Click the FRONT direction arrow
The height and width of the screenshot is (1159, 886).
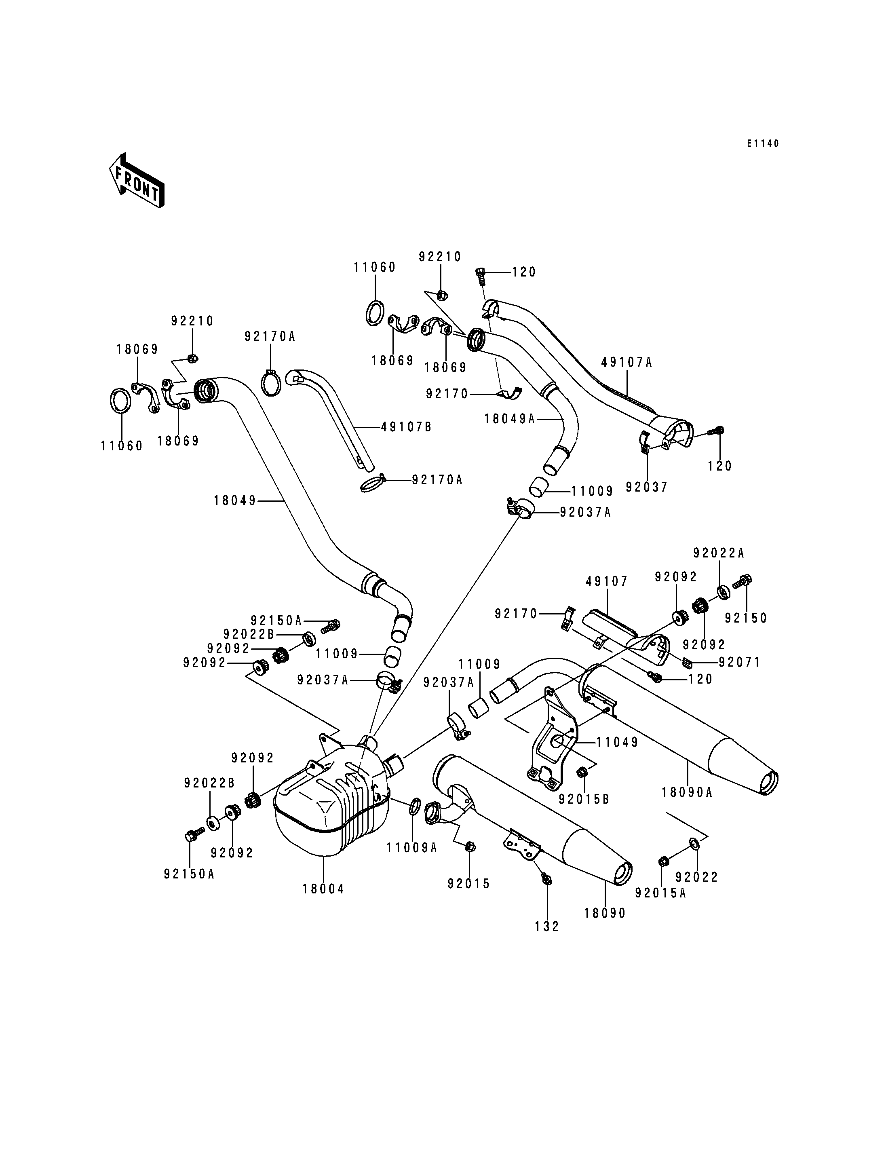click(x=137, y=180)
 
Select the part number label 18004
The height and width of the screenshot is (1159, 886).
click(x=323, y=889)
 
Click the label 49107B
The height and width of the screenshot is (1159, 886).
click(x=406, y=427)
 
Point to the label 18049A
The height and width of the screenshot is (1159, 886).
click(x=509, y=419)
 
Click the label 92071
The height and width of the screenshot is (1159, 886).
click(x=739, y=662)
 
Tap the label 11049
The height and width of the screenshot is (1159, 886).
click(x=618, y=742)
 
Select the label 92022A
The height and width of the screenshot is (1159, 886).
click(x=719, y=553)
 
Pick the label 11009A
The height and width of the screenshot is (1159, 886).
click(x=412, y=848)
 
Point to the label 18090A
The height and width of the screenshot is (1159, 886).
click(x=687, y=792)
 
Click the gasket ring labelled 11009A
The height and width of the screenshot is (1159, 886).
click(x=415, y=807)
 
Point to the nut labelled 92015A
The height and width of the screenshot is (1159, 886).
click(x=664, y=861)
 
